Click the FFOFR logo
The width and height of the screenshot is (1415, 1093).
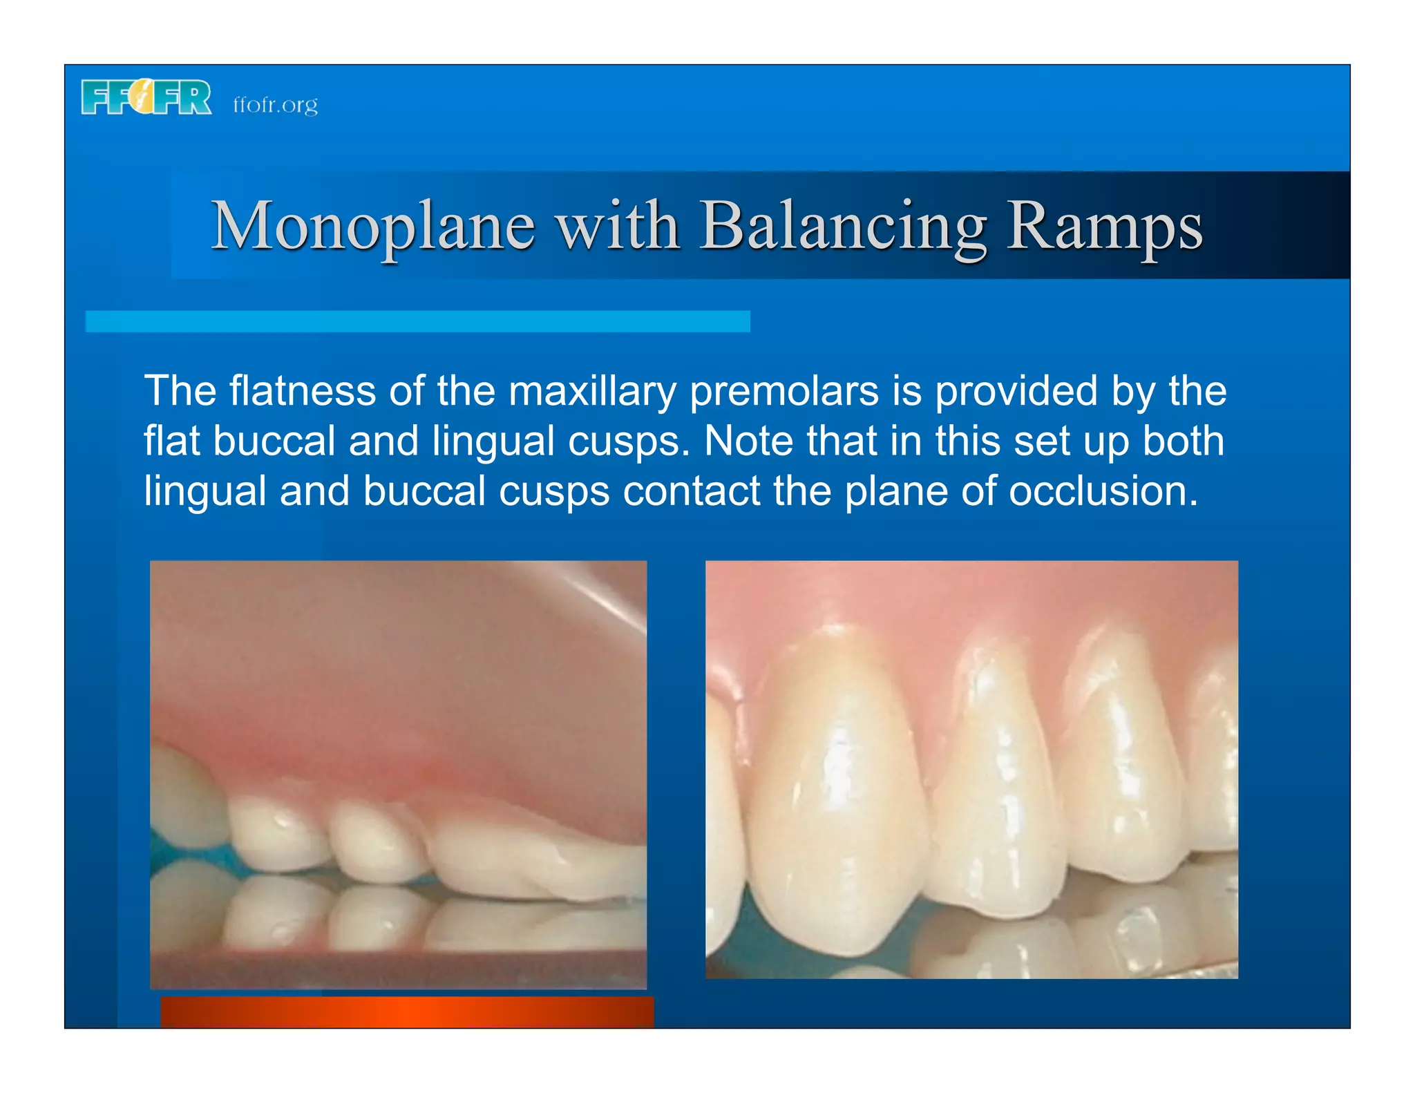pyautogui.click(x=146, y=97)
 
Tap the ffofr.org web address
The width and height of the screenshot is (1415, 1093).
pyautogui.click(x=275, y=104)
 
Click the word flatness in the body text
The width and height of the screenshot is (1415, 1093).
pyautogui.click(x=302, y=390)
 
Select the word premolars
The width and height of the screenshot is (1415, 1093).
pyautogui.click(x=784, y=392)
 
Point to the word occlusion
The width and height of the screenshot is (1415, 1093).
pyautogui.click(x=1103, y=491)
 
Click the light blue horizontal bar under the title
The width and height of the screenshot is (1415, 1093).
pyautogui.click(x=417, y=321)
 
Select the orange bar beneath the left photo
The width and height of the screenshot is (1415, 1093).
pyautogui.click(x=407, y=1011)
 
